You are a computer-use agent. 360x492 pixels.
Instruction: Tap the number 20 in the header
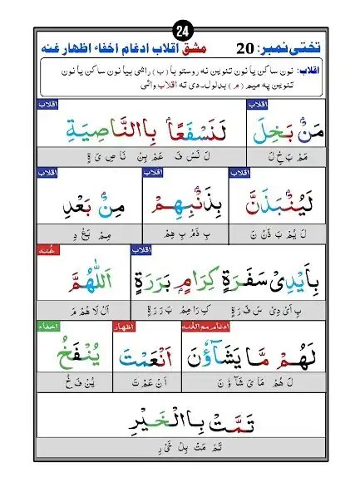[x=246, y=47]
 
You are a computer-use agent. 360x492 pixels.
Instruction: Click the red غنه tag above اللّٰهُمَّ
[x=119, y=248]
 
